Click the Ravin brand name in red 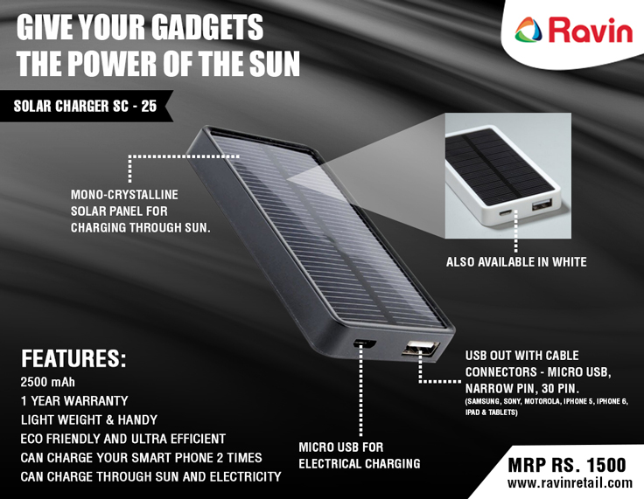coord(591,30)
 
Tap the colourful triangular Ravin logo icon coord(528,30)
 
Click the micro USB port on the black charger coord(365,343)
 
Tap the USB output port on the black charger coord(421,348)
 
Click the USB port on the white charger coord(542,204)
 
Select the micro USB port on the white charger coord(506,213)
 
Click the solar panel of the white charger coord(498,166)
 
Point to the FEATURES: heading coord(73,358)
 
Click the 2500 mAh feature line coord(47,382)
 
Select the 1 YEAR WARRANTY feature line coord(74,401)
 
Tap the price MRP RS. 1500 coord(567,465)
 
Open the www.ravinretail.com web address coord(570,483)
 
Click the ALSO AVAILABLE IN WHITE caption coord(516,262)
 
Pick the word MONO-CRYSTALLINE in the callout coord(124,195)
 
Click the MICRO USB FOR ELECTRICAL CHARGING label coord(360,455)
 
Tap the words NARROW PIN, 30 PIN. coord(522,388)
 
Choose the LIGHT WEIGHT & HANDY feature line coord(89,419)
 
